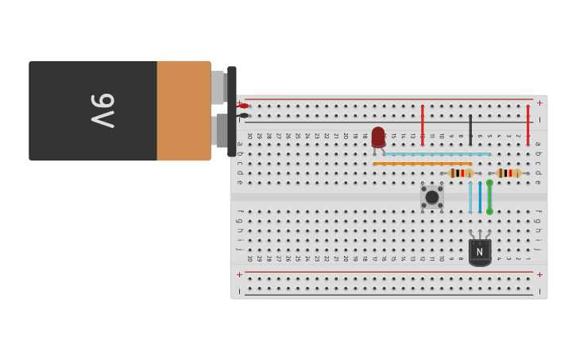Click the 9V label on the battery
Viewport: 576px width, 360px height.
pyautogui.click(x=102, y=110)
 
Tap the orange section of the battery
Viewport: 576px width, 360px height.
pyautogui.click(x=184, y=110)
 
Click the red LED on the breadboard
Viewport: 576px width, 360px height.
pyautogui.click(x=378, y=137)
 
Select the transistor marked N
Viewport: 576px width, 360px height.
pyautogui.click(x=479, y=251)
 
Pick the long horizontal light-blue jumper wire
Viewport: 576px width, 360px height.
pyautogui.click(x=437, y=154)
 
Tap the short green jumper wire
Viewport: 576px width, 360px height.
pyautogui.click(x=489, y=197)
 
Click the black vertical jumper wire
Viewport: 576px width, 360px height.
pyautogui.click(x=470, y=129)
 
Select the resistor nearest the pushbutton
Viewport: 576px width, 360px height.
pyautogui.click(x=461, y=173)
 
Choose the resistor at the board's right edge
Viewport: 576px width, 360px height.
pyautogui.click(x=508, y=173)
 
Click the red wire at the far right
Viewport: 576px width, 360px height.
pyautogui.click(x=528, y=124)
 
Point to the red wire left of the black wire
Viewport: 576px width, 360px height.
pyautogui.click(x=422, y=124)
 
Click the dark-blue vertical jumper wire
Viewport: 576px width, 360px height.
pyautogui.click(x=480, y=197)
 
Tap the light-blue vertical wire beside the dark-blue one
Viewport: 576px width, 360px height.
pyautogui.click(x=470, y=197)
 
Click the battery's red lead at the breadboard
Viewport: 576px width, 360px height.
pyautogui.click(x=244, y=106)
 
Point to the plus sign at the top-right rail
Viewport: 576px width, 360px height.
pyautogui.click(x=539, y=103)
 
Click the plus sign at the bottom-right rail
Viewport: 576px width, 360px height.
pyautogui.click(x=539, y=274)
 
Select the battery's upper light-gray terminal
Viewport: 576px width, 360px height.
pyautogui.click(x=218, y=87)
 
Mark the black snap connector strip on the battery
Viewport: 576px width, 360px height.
pyautogui.click(x=231, y=110)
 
